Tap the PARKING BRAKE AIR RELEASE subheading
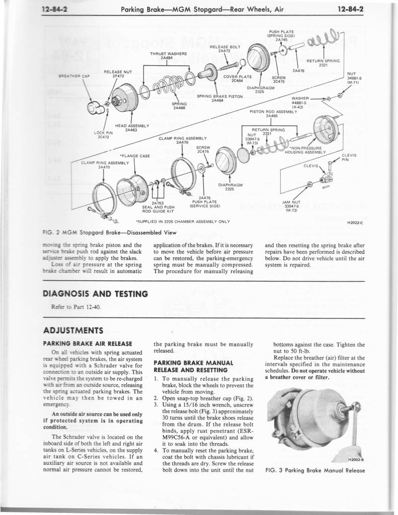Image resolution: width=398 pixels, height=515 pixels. (x=88, y=344)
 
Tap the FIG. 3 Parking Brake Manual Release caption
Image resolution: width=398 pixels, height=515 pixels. (x=314, y=471)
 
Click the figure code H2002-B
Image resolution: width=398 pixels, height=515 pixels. (x=356, y=459)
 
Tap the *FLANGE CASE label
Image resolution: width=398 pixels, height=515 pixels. (x=134, y=156)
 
